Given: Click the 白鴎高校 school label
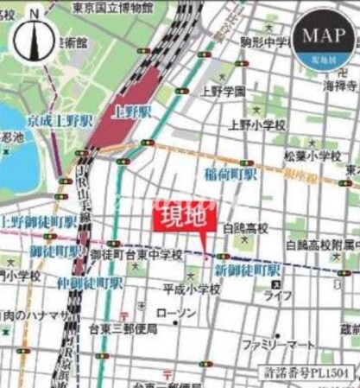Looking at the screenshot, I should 246,229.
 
